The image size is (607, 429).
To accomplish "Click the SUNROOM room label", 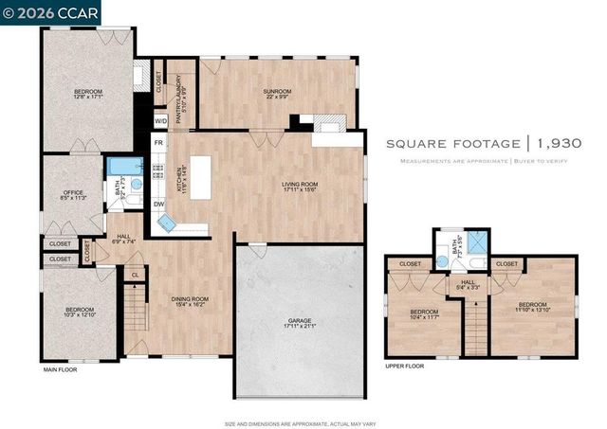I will click(x=277, y=91).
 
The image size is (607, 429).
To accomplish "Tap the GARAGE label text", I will click(x=299, y=322).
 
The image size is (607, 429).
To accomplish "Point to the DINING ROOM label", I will click(x=189, y=300).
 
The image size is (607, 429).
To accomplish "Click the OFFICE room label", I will click(x=73, y=194).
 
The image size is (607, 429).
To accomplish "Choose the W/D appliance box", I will click(x=160, y=121).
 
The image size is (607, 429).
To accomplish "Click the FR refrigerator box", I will click(x=158, y=142).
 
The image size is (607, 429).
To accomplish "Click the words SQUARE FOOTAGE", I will click(x=452, y=144).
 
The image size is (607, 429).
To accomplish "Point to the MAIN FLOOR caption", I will click(x=61, y=369).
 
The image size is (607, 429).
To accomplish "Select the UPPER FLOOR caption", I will click(x=403, y=365).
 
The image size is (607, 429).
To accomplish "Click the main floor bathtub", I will click(x=120, y=169).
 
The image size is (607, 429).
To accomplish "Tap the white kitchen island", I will click(x=200, y=175).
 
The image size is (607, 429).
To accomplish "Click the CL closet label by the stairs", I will click(x=135, y=276).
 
